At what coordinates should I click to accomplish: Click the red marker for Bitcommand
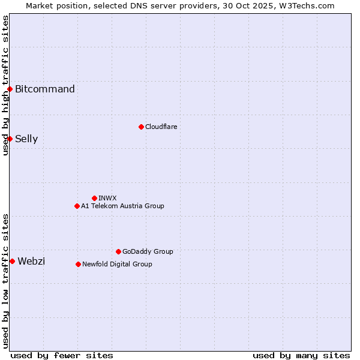tap(10, 89)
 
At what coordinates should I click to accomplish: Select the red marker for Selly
tap(10, 139)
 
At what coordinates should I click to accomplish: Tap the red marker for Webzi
tap(12, 261)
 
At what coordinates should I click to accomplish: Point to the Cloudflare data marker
tap(141, 127)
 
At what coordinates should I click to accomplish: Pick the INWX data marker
tap(94, 198)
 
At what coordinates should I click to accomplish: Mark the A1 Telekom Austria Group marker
tap(77, 206)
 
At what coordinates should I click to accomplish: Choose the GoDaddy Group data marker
tap(118, 251)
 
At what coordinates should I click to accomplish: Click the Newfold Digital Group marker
tap(78, 264)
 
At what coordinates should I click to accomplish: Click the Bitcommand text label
tap(45, 89)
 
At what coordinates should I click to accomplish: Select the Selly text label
tap(26, 139)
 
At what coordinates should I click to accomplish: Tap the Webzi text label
tap(31, 261)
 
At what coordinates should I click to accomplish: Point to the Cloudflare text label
tap(161, 127)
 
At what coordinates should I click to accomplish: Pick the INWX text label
tap(107, 198)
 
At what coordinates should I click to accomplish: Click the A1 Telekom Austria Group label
tap(122, 206)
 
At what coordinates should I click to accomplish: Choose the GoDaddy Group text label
tap(148, 251)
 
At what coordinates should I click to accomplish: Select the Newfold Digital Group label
tap(117, 264)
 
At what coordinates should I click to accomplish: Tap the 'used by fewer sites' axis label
tap(62, 355)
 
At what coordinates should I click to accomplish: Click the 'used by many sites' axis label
tap(301, 355)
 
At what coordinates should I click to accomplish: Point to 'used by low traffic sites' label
tap(6, 280)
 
